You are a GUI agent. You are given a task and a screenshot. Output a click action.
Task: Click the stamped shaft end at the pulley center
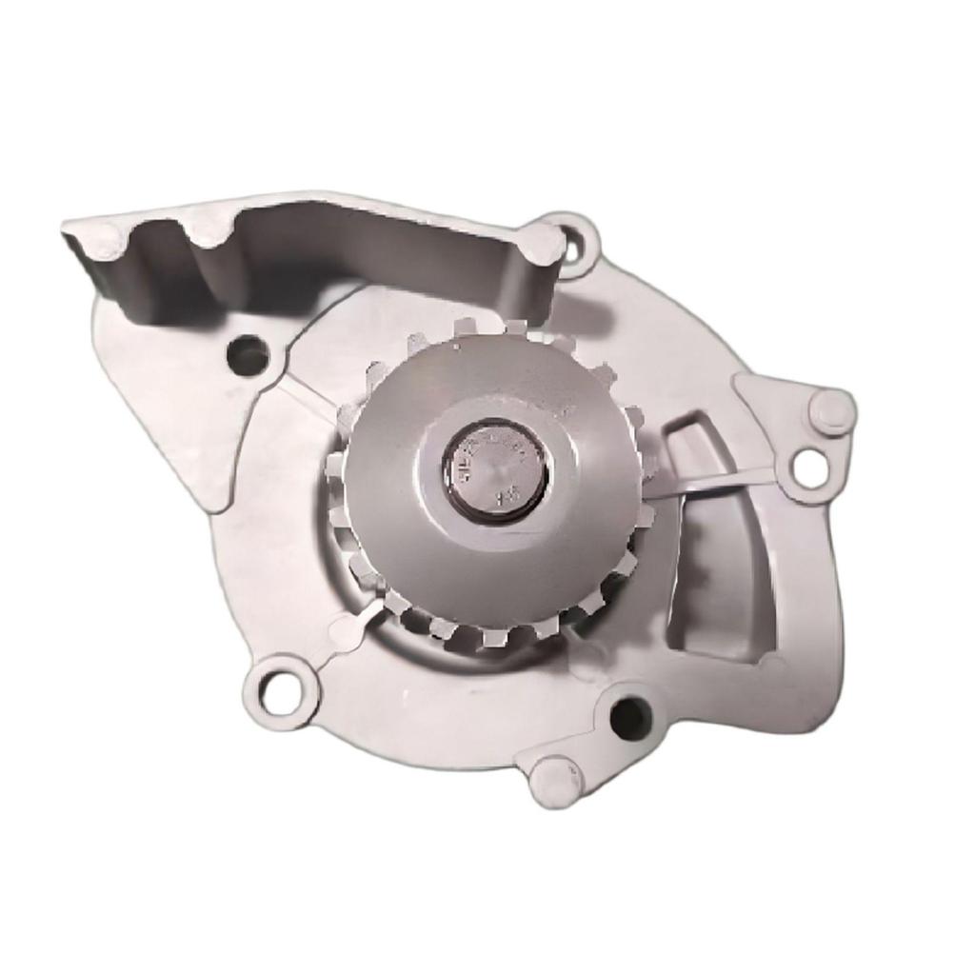coord(495,470)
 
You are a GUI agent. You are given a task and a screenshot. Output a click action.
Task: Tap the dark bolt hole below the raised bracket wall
coord(248,356)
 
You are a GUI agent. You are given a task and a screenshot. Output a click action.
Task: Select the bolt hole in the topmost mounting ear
coord(573,244)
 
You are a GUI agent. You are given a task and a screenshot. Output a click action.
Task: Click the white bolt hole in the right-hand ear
coord(809,468)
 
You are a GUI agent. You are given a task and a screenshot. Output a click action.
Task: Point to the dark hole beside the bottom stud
coord(629,718)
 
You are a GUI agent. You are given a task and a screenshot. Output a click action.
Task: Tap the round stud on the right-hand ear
coord(831,411)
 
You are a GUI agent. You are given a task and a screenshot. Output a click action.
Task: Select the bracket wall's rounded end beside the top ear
coord(543,246)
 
